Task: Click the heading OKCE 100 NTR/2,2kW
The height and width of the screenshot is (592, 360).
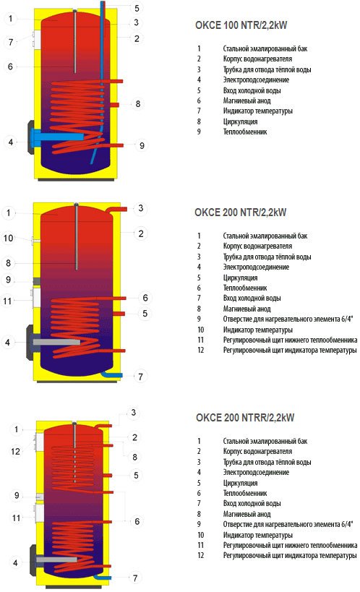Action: tap(241, 25)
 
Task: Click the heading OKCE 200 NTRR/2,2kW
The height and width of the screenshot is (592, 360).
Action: tap(245, 418)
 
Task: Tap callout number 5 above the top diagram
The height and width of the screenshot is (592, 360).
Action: tap(137, 8)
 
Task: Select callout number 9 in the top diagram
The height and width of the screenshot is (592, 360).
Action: tap(142, 145)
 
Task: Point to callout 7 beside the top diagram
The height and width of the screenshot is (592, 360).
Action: tap(11, 42)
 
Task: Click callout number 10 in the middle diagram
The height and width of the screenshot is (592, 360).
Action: tap(8, 239)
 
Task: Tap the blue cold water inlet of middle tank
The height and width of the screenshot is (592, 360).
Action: tap(112, 374)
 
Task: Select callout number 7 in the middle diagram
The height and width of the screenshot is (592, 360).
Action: tap(140, 377)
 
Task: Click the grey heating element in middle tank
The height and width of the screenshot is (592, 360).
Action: tap(56, 342)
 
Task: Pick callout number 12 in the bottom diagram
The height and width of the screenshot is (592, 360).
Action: tap(15, 451)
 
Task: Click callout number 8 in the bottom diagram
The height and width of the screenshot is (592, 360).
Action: tap(134, 458)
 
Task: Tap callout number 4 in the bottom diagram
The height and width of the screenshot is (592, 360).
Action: tap(15, 563)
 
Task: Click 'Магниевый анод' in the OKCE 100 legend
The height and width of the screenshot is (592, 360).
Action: tap(247, 100)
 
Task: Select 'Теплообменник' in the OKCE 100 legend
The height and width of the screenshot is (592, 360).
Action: tap(245, 132)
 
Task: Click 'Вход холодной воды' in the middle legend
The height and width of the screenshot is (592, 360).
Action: tap(252, 298)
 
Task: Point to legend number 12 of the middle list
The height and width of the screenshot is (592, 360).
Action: tap(200, 350)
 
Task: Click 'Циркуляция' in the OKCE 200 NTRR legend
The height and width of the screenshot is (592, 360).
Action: tap(240, 483)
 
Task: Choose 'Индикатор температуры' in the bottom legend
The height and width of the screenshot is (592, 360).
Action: tap(257, 535)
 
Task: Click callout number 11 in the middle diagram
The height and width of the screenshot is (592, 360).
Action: tap(7, 301)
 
